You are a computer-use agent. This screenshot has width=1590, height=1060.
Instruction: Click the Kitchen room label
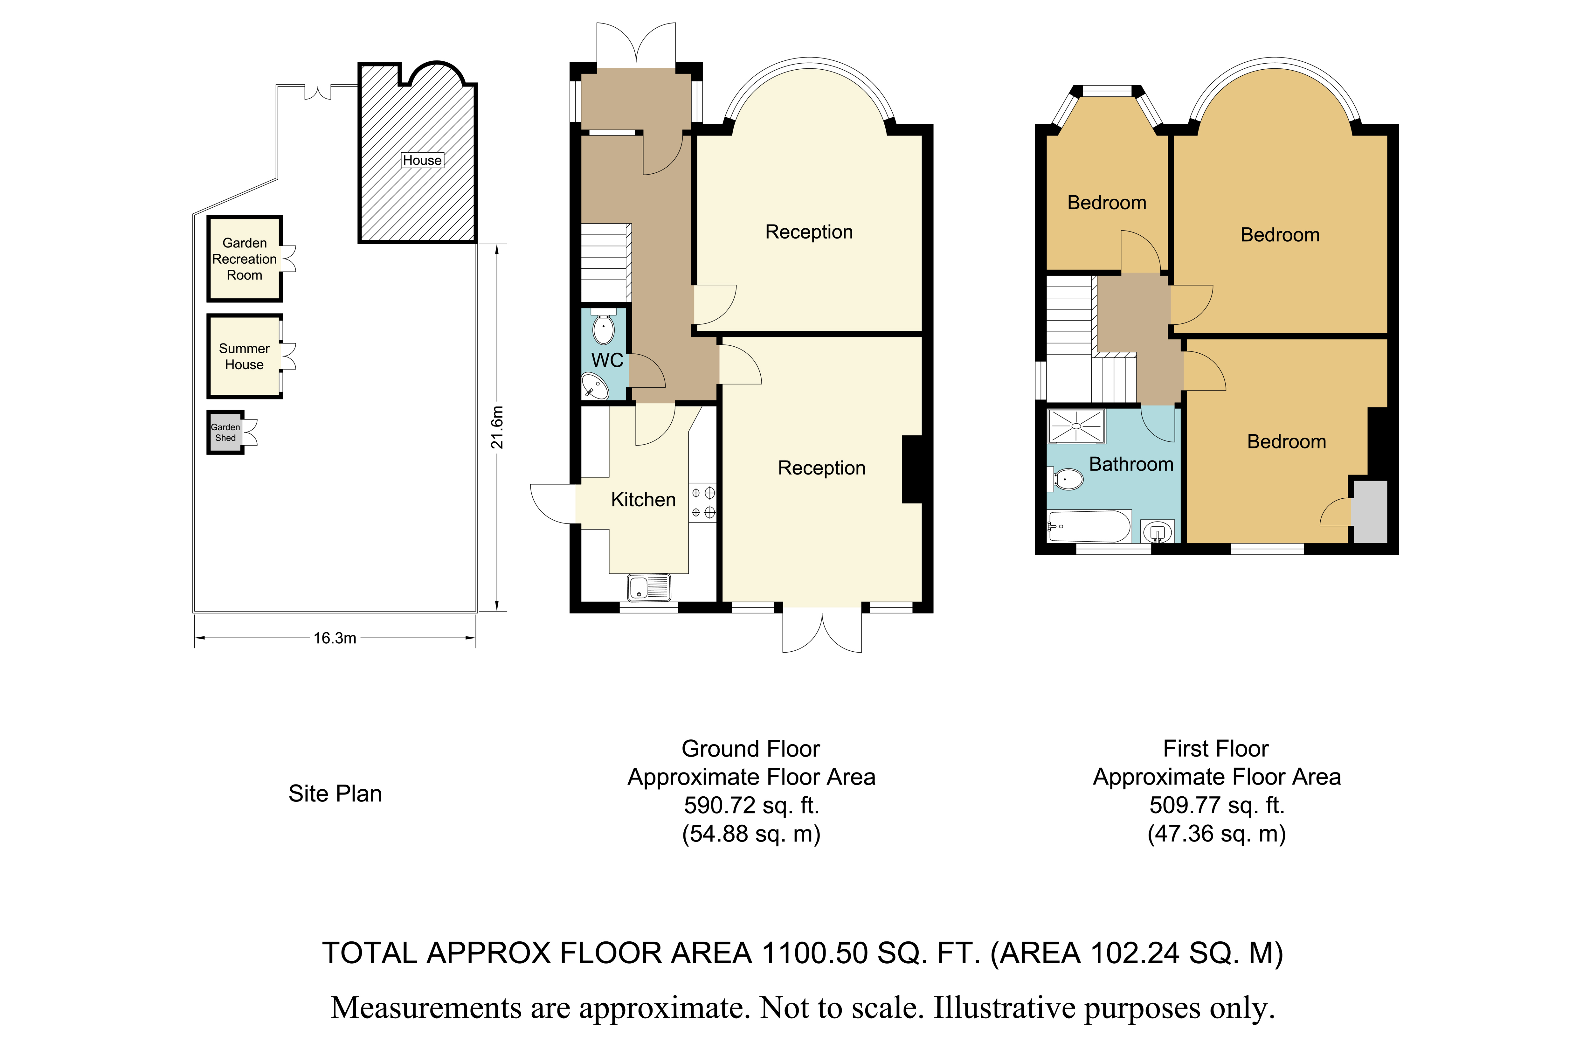[643, 500]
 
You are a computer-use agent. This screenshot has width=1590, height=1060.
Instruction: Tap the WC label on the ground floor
[607, 360]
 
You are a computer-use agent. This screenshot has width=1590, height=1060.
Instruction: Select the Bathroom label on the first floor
[1131, 464]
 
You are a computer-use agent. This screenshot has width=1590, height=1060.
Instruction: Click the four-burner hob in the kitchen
[702, 502]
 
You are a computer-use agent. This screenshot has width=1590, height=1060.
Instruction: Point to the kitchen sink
[649, 587]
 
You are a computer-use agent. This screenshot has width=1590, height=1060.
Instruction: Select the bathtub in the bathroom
[1089, 526]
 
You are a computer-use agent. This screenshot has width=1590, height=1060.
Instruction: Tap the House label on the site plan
[422, 160]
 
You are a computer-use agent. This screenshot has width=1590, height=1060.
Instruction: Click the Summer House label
[244, 356]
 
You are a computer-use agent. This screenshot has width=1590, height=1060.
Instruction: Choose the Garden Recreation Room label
[244, 259]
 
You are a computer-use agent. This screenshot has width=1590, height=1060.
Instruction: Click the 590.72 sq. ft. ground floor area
[751, 805]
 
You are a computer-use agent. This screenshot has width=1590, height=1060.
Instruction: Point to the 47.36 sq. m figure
[1216, 834]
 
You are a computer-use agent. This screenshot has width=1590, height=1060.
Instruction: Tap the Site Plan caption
[335, 793]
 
